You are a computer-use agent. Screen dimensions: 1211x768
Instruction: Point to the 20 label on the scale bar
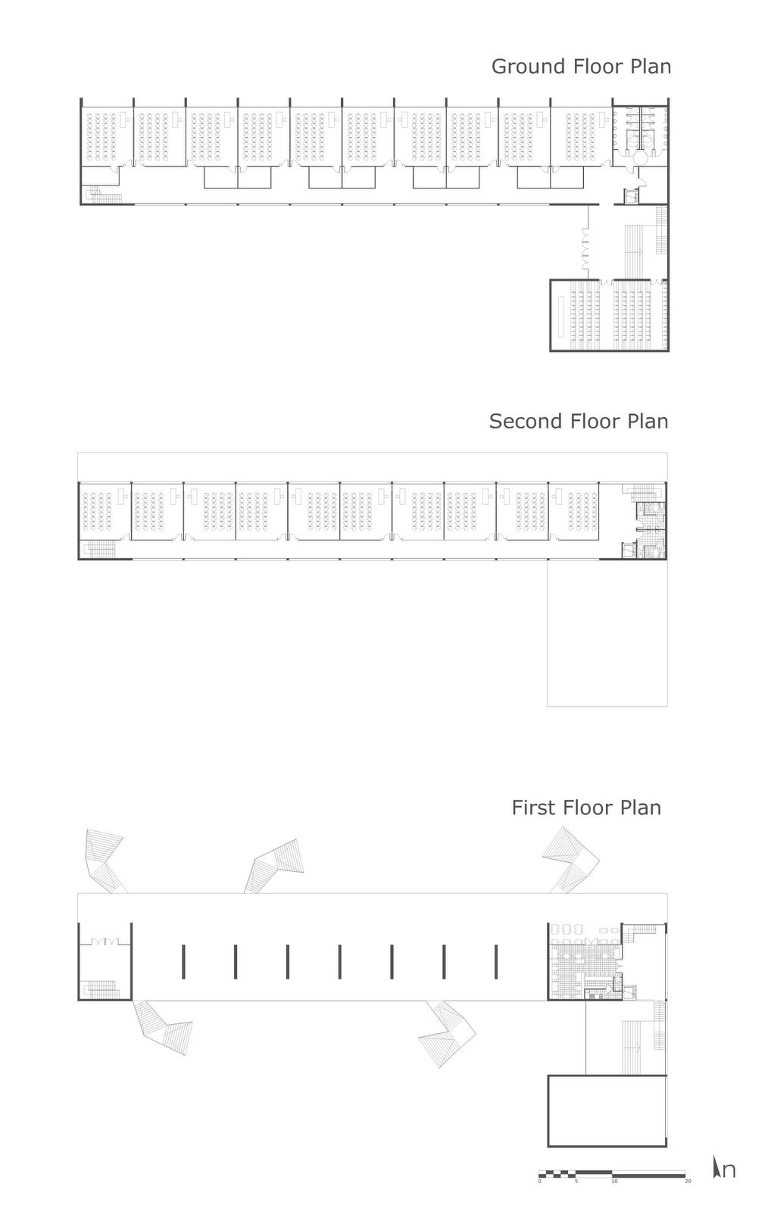[x=688, y=1181]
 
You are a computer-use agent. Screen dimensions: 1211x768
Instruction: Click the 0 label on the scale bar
[x=540, y=1181]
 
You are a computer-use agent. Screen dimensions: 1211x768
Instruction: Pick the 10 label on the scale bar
[x=613, y=1181]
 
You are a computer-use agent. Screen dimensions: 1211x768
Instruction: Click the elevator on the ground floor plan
[x=629, y=196]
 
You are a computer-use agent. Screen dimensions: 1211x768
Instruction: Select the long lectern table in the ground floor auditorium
[x=560, y=316]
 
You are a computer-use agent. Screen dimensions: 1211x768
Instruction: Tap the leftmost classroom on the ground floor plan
[x=107, y=136]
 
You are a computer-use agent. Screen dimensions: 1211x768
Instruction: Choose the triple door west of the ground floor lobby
[x=585, y=250]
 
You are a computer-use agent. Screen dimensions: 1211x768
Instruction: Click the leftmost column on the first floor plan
[x=183, y=961]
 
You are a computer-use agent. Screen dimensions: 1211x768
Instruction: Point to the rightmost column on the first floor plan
[x=496, y=961]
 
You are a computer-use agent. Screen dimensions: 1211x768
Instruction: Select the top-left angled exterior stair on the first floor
[x=105, y=859]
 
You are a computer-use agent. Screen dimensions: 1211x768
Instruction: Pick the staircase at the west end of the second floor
[x=99, y=549]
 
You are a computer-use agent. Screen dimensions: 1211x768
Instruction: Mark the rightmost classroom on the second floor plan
[x=574, y=511]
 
